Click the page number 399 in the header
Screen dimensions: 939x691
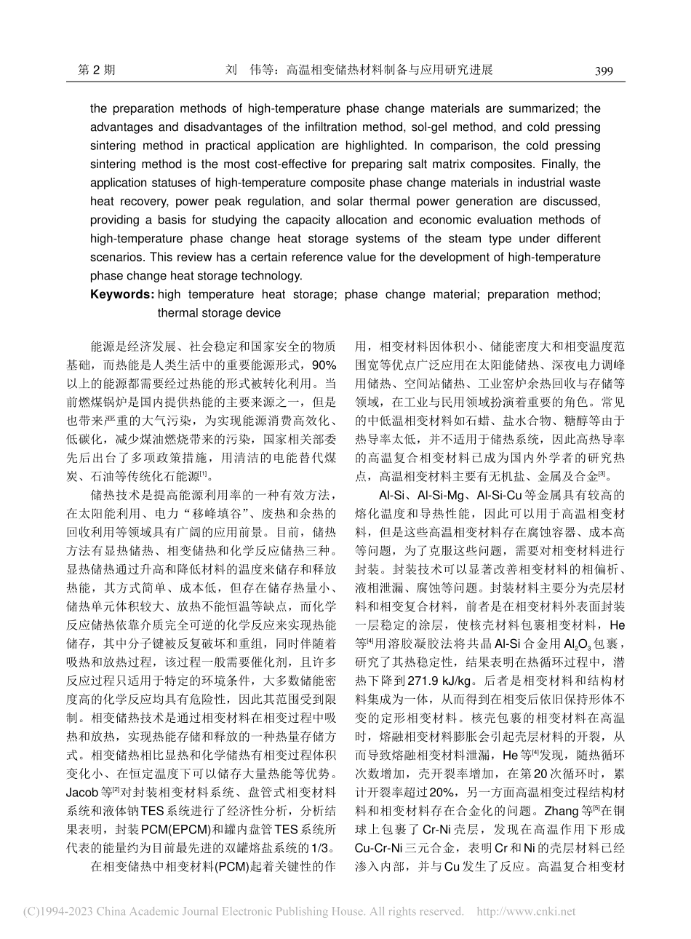[604, 71]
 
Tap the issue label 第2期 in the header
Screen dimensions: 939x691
[95, 71]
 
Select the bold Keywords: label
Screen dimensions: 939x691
[121, 294]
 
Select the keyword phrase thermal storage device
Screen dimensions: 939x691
[218, 313]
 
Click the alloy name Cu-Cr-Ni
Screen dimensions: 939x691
[377, 845]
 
